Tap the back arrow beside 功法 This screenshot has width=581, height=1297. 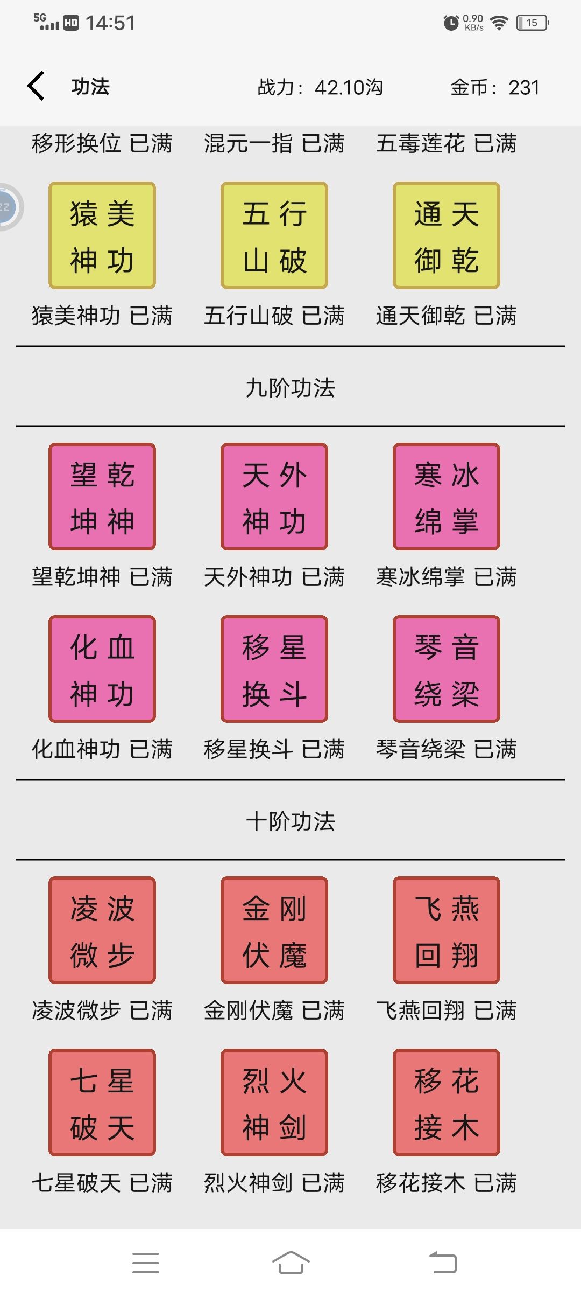[36, 86]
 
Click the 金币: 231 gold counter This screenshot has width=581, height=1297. [495, 87]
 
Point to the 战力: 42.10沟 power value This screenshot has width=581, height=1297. [320, 87]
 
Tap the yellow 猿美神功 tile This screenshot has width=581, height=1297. [102, 235]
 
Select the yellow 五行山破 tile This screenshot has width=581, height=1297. [274, 235]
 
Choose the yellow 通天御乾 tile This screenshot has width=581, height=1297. [447, 235]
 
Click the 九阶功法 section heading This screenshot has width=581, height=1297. [290, 388]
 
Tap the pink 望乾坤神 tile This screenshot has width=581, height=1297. [102, 497]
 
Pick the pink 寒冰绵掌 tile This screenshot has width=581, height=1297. [447, 497]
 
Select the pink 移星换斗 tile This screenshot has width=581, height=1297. [274, 669]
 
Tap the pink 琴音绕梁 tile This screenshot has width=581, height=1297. [447, 669]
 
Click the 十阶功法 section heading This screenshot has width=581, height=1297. [290, 821]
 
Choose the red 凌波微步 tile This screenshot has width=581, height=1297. [102, 930]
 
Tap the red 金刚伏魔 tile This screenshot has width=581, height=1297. [274, 930]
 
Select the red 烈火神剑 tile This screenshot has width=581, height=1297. [274, 1103]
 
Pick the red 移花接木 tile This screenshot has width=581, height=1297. [447, 1103]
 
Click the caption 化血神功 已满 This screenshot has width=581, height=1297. [102, 749]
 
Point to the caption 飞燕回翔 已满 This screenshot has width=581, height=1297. [447, 1010]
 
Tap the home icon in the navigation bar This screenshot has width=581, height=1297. [290, 1263]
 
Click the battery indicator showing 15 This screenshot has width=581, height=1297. [532, 23]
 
